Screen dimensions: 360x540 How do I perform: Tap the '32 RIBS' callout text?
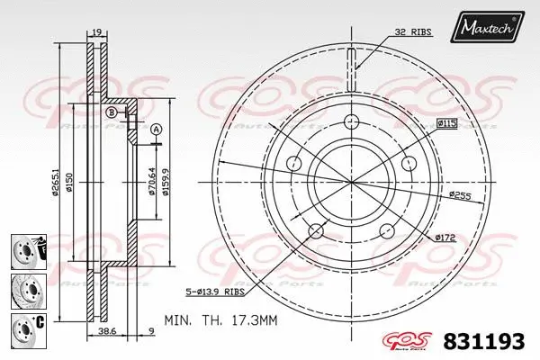(413, 31)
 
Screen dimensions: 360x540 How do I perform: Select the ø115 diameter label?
(447, 121)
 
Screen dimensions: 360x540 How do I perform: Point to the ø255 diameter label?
(461, 193)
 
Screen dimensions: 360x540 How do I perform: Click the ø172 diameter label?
(446, 237)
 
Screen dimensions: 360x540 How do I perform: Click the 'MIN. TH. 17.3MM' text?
(221, 319)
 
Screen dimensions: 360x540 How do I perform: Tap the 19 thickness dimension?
(95, 32)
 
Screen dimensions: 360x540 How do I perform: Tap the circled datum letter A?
(157, 130)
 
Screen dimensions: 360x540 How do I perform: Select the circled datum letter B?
(111, 112)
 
